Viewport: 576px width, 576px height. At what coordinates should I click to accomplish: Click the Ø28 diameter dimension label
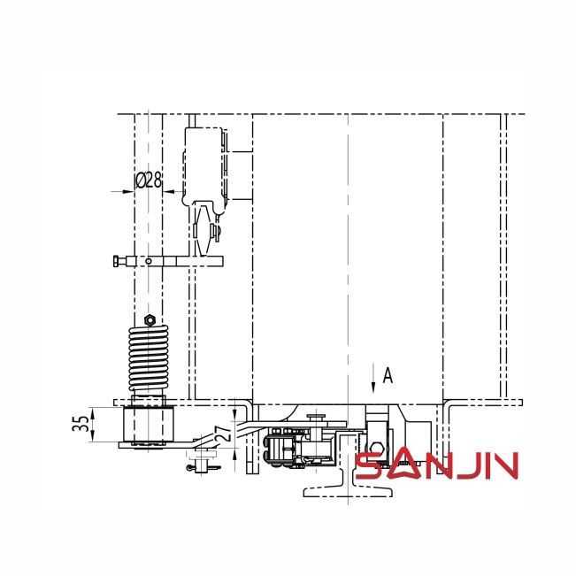tap(149, 180)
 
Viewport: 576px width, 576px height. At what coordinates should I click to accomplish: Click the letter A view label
tap(387, 376)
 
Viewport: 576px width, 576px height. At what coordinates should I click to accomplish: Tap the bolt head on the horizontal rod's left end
tap(118, 261)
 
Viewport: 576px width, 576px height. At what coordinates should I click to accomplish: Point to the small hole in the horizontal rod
tap(150, 261)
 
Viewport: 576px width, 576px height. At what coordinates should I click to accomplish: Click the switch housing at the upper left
tap(204, 164)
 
